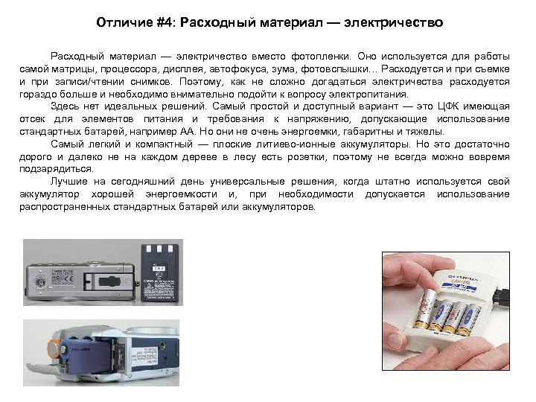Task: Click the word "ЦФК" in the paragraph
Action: [445, 107]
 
